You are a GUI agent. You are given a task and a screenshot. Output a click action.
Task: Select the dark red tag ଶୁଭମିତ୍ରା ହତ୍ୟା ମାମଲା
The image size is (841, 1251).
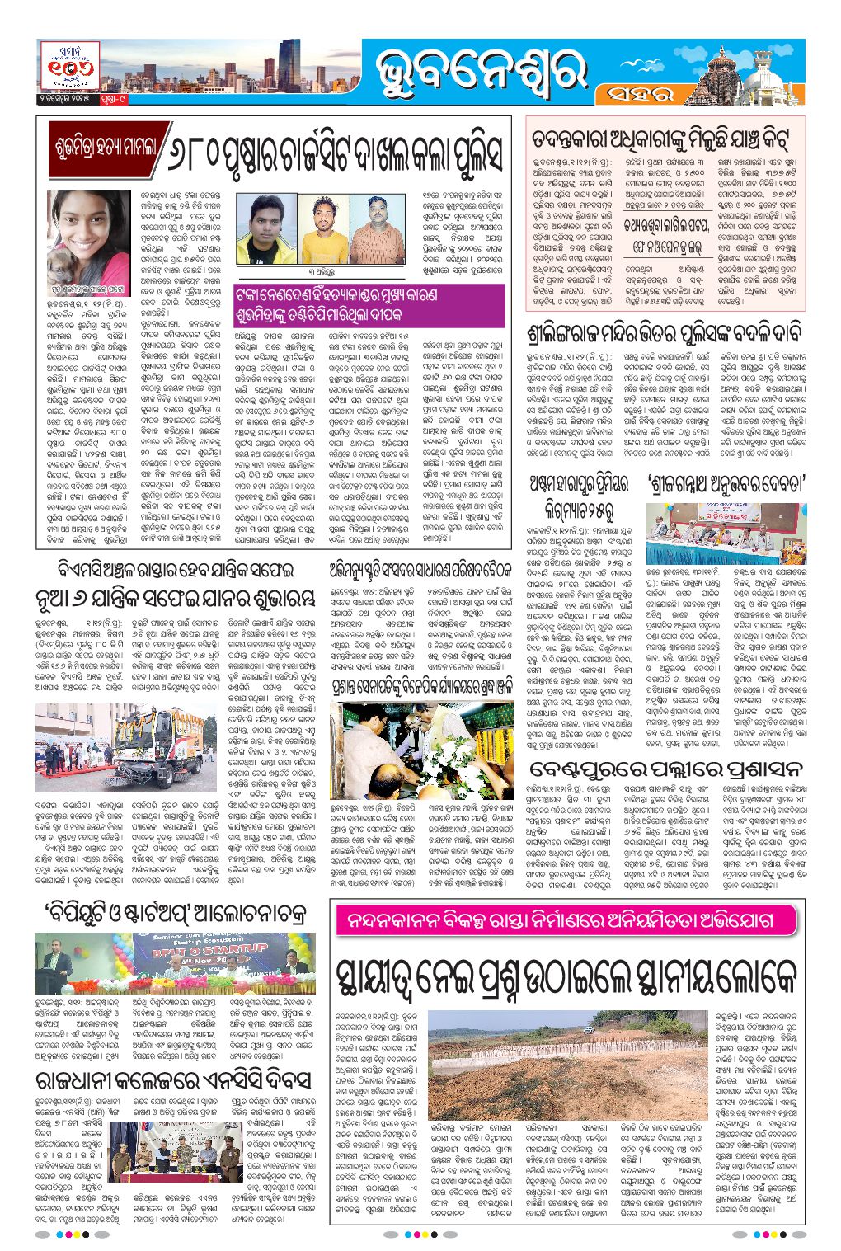coord(107,148)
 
